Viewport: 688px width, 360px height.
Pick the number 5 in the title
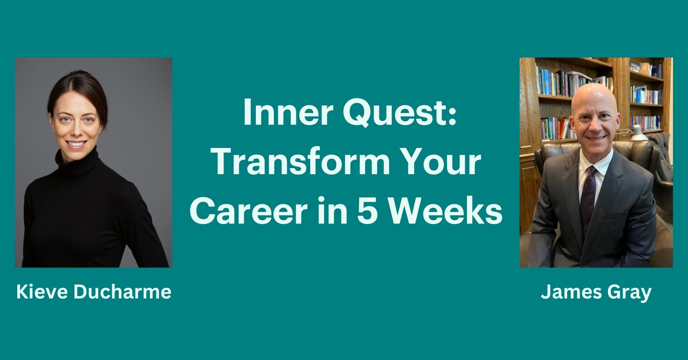pos(366,211)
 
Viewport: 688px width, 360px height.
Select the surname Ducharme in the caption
pos(123,292)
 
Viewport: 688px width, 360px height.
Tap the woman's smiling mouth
pos(76,144)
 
